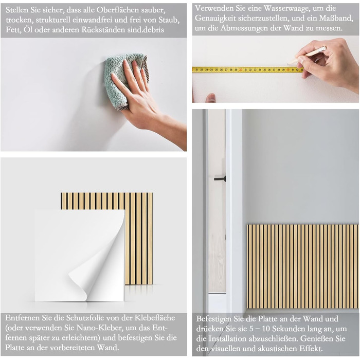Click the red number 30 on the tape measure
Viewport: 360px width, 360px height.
(241, 69)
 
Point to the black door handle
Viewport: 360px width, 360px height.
(220, 178)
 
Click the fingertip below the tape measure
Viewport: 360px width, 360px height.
(211, 98)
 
